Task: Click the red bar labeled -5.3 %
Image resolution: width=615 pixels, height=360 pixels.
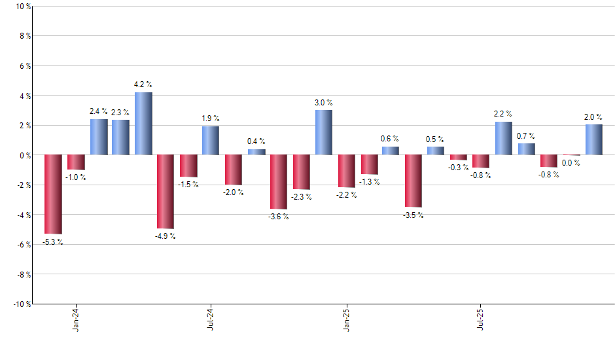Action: click(x=53, y=194)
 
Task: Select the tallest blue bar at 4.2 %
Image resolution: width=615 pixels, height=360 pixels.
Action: click(x=143, y=124)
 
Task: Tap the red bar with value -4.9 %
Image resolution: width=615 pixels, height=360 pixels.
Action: click(x=166, y=191)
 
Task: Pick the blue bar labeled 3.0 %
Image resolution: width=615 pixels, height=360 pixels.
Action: click(x=324, y=132)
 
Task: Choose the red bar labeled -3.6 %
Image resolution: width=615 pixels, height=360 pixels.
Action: click(x=279, y=181)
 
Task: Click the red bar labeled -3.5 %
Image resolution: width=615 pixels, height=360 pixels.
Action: click(x=413, y=181)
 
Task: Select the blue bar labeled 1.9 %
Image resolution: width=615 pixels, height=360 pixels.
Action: click(x=211, y=141)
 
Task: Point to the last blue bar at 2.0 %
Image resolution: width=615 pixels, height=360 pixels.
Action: click(x=594, y=139)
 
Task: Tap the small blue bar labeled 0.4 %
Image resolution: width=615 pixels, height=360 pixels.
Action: click(x=256, y=152)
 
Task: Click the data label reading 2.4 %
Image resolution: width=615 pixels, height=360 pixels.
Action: click(x=99, y=111)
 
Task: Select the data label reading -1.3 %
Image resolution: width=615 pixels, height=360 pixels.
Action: click(x=369, y=181)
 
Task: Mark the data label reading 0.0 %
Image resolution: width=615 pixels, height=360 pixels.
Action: click(x=571, y=163)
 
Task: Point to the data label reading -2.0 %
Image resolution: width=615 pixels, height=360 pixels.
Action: click(x=234, y=192)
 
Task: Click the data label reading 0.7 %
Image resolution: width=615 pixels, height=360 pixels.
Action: click(x=527, y=135)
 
